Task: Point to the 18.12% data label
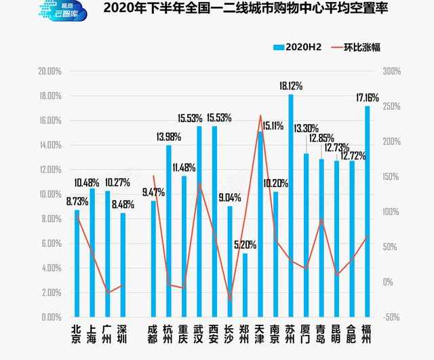[291, 87]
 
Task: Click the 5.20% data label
[245, 245]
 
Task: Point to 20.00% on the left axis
[51, 71]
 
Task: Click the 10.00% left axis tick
[51, 194]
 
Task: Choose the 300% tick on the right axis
[392, 71]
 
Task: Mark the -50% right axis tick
[392, 317]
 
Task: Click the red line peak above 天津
[260, 115]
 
